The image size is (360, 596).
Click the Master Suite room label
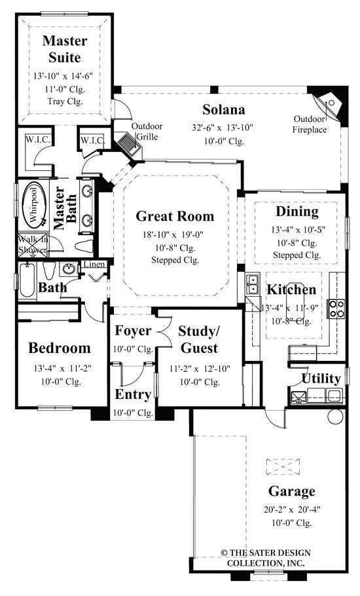pos(64,49)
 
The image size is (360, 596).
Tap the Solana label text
pos(223,109)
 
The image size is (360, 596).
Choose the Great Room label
pos(175,216)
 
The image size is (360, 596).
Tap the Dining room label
pos(297,212)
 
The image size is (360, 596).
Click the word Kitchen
pos(291,289)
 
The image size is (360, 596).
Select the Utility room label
pos(321,379)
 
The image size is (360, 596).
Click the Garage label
pos(291,491)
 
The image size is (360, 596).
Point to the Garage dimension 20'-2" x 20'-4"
pos(292,508)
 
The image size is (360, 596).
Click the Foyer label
pos(133,331)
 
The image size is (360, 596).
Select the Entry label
pos(134,394)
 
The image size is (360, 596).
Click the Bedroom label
pos(59,348)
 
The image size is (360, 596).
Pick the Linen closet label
pos(92,265)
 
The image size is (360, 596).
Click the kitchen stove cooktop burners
pos(336,308)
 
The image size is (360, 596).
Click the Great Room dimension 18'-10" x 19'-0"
pos(175,235)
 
